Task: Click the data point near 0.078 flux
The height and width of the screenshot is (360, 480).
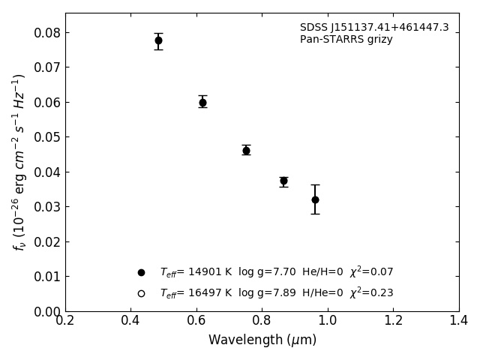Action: [158, 40]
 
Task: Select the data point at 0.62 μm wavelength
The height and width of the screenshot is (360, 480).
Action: [202, 102]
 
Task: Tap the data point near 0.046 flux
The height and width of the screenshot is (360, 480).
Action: [246, 150]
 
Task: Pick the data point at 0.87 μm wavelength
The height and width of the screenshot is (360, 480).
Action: [283, 181]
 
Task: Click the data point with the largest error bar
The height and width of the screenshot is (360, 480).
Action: [315, 199]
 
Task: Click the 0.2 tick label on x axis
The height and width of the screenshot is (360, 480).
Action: [65, 321]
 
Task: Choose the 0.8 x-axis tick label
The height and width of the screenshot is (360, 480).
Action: [262, 321]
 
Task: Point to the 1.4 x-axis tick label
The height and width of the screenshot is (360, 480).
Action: [459, 321]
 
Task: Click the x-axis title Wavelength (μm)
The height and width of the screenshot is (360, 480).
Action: [262, 340]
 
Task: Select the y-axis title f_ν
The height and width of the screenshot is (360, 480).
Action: [19, 161]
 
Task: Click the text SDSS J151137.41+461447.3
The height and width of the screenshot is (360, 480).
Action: [374, 28]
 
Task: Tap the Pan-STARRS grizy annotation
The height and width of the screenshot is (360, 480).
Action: [346, 40]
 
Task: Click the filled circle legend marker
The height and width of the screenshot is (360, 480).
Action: [141, 272]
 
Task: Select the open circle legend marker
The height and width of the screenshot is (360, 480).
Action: [141, 293]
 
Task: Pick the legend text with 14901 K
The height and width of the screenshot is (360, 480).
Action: [276, 272]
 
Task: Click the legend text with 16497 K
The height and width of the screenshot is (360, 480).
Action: [276, 293]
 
